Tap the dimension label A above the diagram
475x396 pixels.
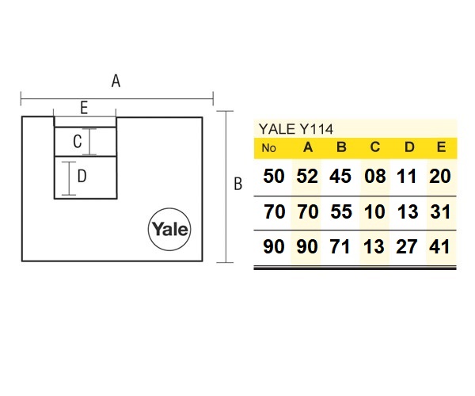click(116, 81)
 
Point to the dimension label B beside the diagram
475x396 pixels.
click(237, 185)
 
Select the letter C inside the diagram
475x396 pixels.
click(78, 143)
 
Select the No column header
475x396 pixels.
click(269, 148)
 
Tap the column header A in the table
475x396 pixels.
click(308, 147)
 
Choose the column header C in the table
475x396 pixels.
click(374, 147)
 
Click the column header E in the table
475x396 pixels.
click(441, 147)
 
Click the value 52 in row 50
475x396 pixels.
click(307, 177)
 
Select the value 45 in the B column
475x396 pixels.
click(340, 177)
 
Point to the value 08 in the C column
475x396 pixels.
click(374, 177)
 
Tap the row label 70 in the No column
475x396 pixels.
click(273, 212)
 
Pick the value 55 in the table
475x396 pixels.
click(340, 212)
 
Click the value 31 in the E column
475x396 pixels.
click(439, 212)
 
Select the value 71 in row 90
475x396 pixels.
click(340, 247)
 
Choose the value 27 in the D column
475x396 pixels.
click(407, 247)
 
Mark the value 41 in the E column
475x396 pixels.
click(439, 247)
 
